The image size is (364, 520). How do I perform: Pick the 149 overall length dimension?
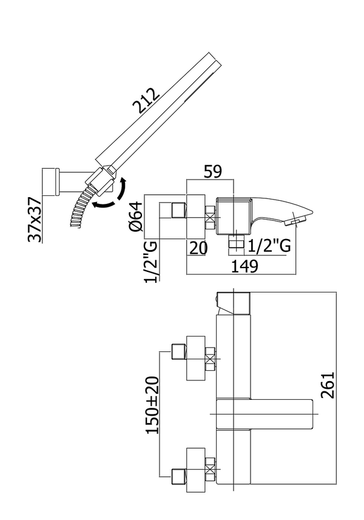(244, 265)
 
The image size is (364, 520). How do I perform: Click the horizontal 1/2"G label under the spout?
(269, 246)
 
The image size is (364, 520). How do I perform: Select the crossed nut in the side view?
(211, 219)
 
